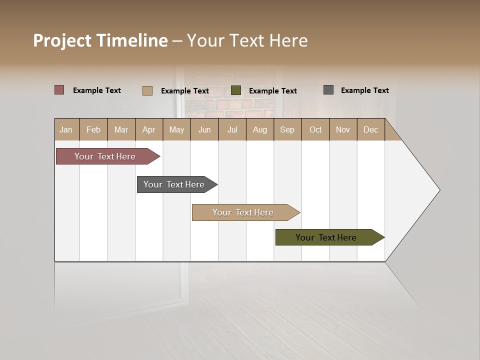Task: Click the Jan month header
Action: (66, 129)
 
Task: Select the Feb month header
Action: (93, 129)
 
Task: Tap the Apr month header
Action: (149, 129)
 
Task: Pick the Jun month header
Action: (204, 129)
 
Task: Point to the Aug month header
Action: (260, 129)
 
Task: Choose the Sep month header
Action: (287, 129)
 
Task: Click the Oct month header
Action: (315, 129)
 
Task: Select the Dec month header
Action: (371, 129)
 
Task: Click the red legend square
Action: (59, 90)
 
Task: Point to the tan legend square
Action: (147, 90)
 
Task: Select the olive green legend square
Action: (236, 90)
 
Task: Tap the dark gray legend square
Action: (328, 90)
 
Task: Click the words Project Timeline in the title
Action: (100, 40)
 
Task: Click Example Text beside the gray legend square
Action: (364, 90)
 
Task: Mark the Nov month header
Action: (343, 129)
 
